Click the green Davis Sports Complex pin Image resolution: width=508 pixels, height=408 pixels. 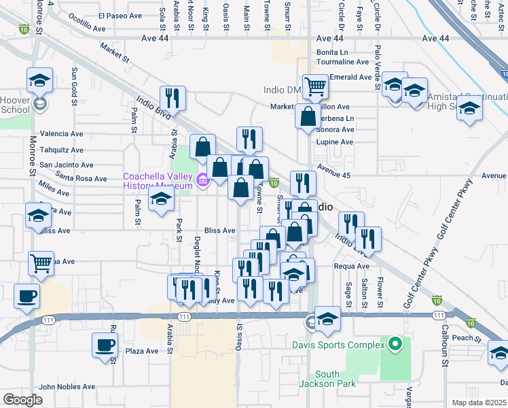point(395,345)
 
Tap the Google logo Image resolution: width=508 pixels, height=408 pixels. point(22,400)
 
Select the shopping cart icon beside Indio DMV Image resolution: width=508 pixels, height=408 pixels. point(315,87)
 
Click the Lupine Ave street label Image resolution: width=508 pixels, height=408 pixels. point(335,142)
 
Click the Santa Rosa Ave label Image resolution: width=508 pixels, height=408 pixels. point(81,179)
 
